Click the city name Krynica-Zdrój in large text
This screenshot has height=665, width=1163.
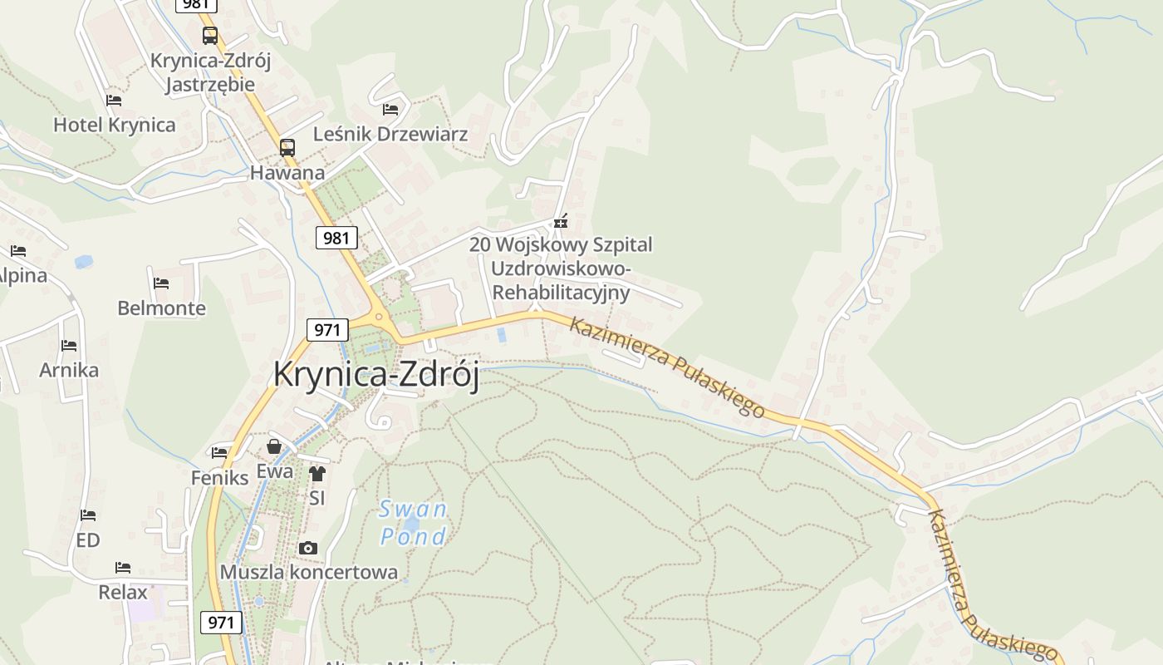click(376, 375)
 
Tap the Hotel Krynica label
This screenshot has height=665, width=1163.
click(115, 126)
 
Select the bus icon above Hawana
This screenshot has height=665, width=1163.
click(287, 148)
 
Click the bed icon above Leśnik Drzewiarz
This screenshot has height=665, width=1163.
click(390, 109)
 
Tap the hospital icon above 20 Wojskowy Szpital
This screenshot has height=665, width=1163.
click(562, 221)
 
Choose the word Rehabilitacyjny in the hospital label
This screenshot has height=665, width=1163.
click(561, 293)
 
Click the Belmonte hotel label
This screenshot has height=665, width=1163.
click(161, 308)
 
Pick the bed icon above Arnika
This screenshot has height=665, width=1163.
click(69, 345)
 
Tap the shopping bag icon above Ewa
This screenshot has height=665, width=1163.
click(274, 447)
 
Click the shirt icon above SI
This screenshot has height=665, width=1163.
click(317, 474)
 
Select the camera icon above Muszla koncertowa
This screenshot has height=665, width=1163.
click(308, 548)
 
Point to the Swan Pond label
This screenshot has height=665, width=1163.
click(413, 522)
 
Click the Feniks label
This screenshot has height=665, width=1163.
click(219, 478)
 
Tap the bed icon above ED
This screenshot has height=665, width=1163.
click(88, 515)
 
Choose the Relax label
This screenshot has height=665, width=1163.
click(123, 593)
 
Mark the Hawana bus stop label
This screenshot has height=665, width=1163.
click(287, 174)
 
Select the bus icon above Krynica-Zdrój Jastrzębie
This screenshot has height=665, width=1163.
click(210, 36)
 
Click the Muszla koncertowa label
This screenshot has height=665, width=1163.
click(308, 572)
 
